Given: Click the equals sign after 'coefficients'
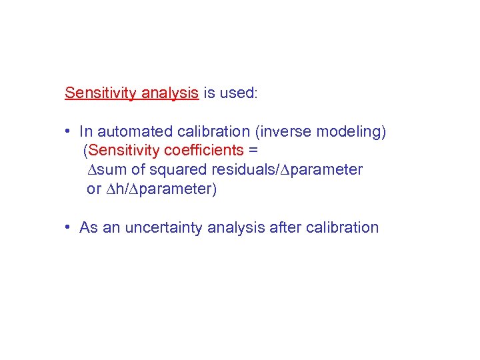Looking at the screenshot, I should (x=253, y=151).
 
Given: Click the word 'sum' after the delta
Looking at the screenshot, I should (x=113, y=170).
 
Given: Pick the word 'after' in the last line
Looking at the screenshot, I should (x=285, y=227).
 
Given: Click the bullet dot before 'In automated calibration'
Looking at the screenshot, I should (x=69, y=132).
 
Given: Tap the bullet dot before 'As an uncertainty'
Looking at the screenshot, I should (x=69, y=227).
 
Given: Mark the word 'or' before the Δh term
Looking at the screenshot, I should (x=94, y=189).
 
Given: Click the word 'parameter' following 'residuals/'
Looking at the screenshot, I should (x=327, y=170).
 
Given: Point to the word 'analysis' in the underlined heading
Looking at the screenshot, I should (x=167, y=93).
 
